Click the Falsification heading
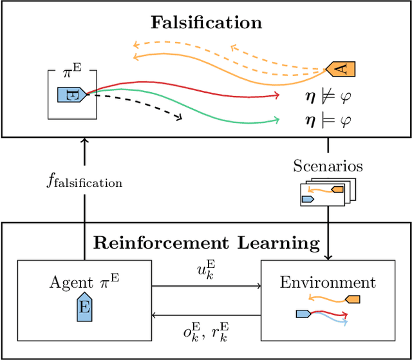point(206,22)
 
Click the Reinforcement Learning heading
point(206,243)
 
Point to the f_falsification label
point(84,182)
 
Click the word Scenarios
point(328,166)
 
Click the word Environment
point(328,283)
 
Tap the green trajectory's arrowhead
point(277,119)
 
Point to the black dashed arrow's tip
point(180,118)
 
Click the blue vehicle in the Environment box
point(303,314)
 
